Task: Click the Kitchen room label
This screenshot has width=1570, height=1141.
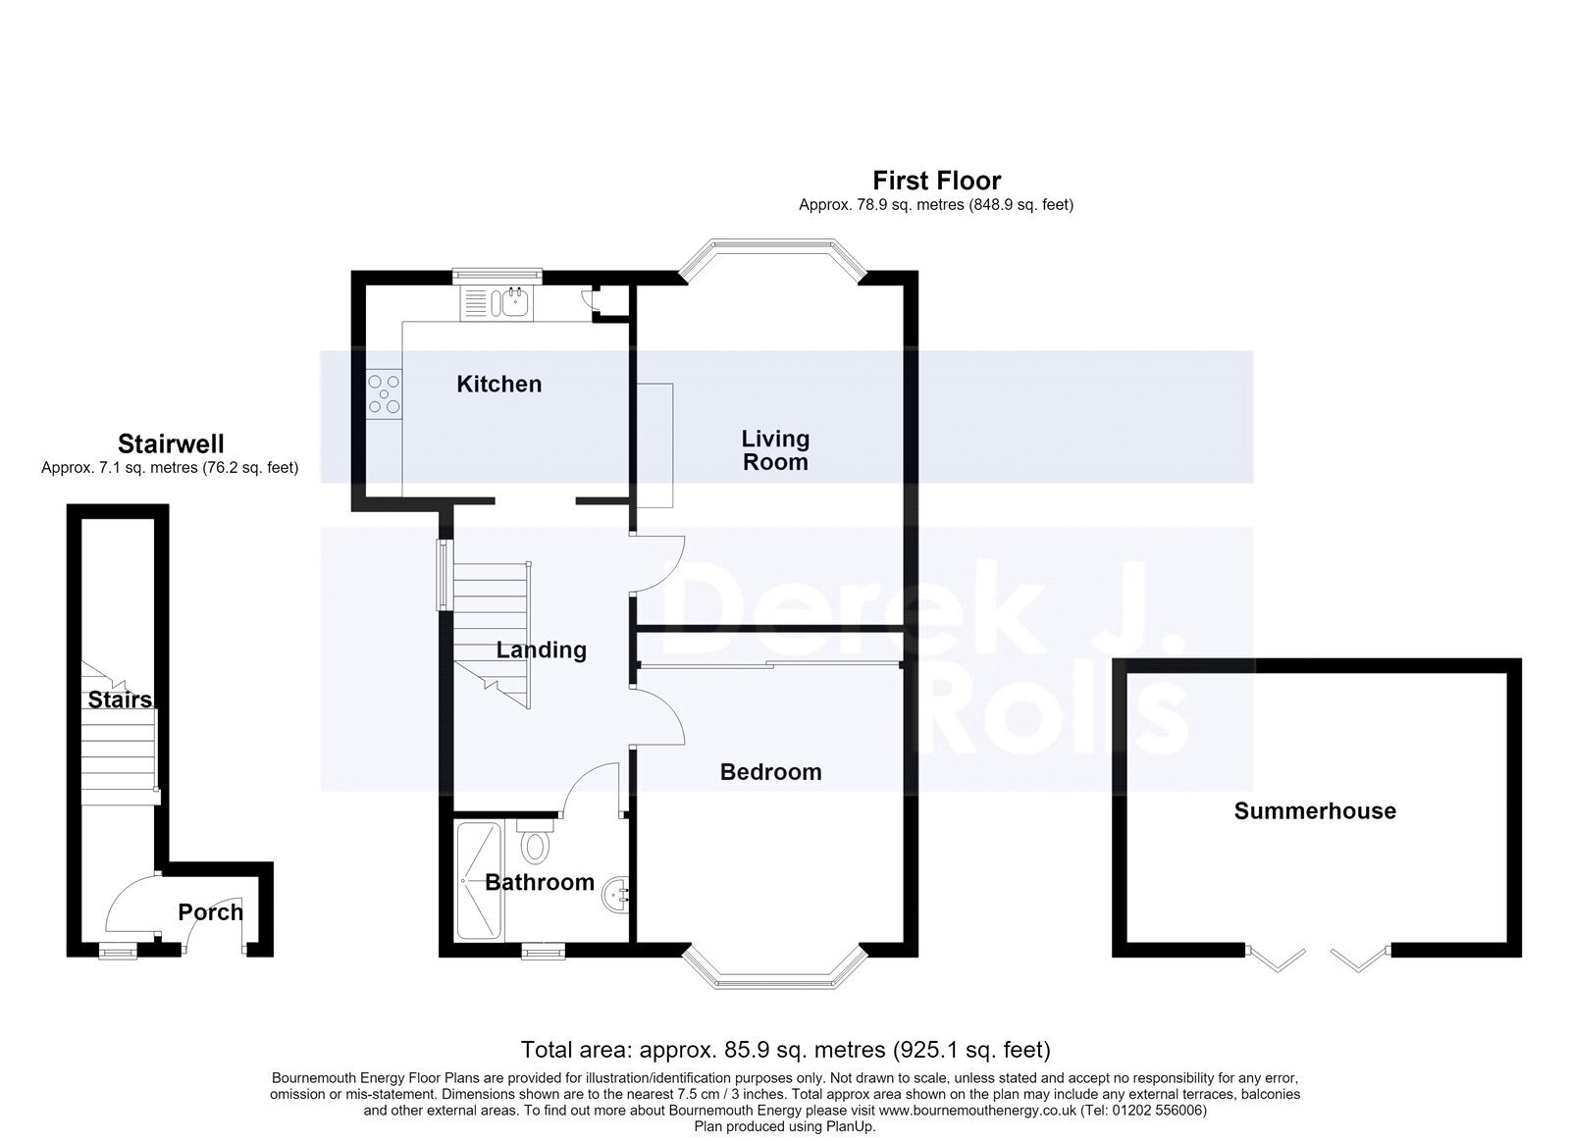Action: click(499, 384)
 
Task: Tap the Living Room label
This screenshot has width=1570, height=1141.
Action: click(775, 450)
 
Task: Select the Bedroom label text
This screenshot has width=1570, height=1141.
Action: click(771, 772)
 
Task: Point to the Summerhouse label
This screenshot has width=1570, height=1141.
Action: click(1315, 811)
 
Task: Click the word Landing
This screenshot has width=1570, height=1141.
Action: click(541, 649)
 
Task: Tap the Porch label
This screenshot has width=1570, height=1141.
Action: click(210, 911)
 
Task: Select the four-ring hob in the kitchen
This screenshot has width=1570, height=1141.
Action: click(384, 393)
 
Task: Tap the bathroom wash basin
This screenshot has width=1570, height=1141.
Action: click(614, 895)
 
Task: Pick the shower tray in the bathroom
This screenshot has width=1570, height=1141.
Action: click(480, 881)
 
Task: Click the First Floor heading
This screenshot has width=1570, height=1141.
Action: click(936, 181)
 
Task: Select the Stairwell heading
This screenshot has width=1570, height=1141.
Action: click(171, 443)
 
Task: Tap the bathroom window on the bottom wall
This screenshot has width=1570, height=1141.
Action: click(544, 951)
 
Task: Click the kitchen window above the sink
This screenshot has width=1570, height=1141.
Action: click(497, 276)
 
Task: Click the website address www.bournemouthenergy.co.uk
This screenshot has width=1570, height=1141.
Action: click(977, 1111)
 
